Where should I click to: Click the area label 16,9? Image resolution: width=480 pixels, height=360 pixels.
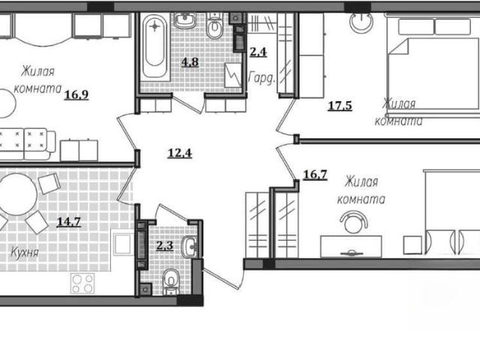[x=76, y=95]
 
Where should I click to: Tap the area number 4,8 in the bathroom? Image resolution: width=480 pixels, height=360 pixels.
[x=190, y=62]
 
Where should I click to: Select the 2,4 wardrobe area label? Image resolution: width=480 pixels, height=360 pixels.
[x=258, y=52]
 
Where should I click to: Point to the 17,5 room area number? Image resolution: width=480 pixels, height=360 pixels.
[x=340, y=106]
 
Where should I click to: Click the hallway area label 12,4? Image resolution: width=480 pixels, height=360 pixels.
[x=180, y=153]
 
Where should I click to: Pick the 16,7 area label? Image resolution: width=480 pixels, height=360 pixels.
[x=315, y=175]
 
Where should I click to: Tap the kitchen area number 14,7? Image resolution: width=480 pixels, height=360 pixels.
[x=69, y=221]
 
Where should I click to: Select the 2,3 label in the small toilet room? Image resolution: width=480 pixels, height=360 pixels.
[x=165, y=245]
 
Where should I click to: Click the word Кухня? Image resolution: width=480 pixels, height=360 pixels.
[x=25, y=253]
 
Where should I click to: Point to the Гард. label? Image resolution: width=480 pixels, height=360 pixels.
[x=262, y=78]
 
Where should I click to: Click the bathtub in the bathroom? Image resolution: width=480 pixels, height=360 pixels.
[x=155, y=46]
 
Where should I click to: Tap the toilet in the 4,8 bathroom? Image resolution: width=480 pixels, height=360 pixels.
[x=214, y=26]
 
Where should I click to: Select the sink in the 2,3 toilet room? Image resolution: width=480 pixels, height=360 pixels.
[x=190, y=247]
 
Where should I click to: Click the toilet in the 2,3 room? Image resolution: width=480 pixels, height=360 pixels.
[x=171, y=282]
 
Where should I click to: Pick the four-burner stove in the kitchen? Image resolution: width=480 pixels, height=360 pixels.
[x=82, y=283]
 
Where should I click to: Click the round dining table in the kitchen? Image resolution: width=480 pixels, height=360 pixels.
[x=18, y=194]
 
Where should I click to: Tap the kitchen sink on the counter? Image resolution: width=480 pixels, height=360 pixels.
[x=124, y=244]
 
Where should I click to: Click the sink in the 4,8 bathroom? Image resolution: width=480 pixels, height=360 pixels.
[x=185, y=21]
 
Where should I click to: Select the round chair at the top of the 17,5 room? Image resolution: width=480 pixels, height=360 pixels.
[x=361, y=22]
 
